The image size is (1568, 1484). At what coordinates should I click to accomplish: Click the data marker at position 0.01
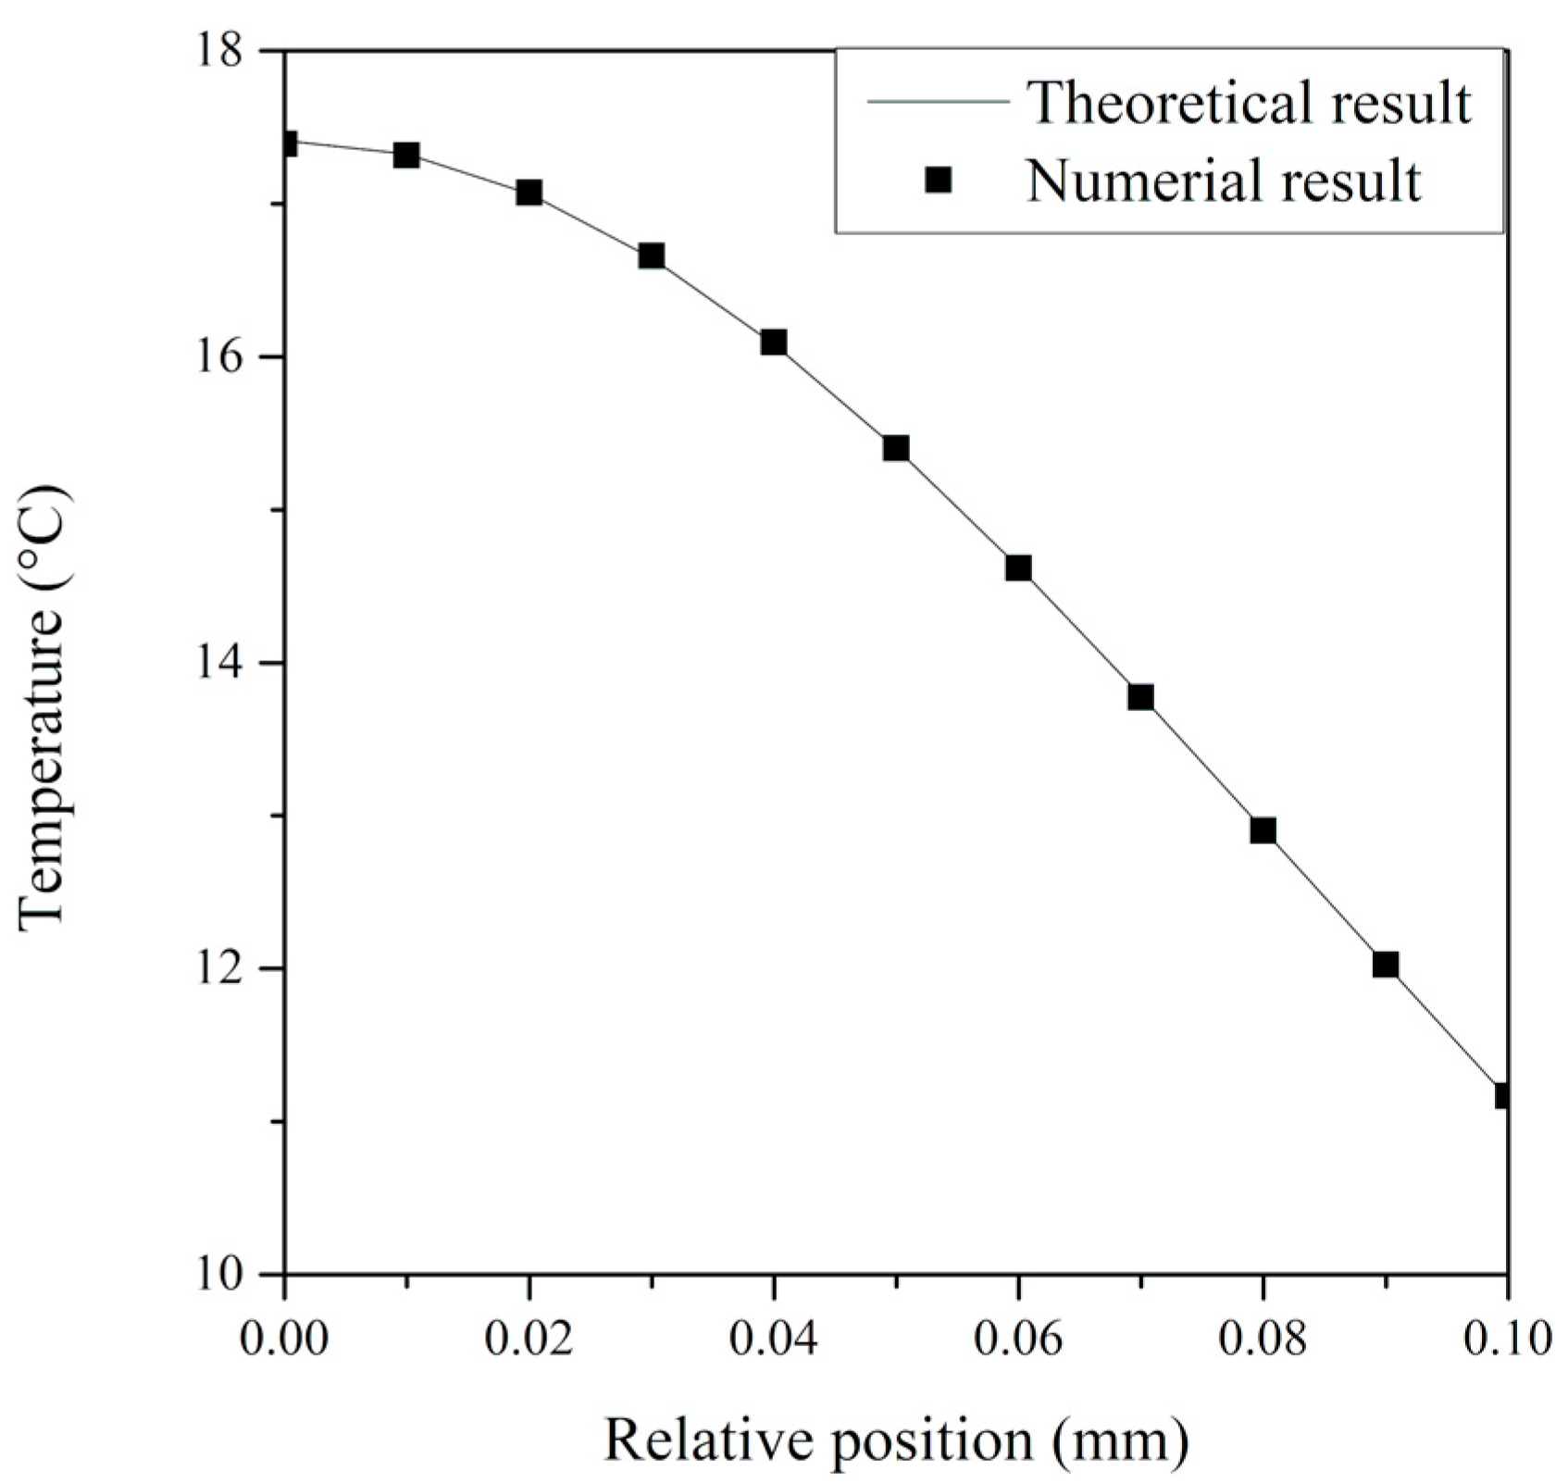click(x=406, y=155)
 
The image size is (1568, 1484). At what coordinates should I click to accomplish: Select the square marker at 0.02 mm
click(x=529, y=193)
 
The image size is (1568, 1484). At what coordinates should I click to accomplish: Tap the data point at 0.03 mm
click(x=651, y=256)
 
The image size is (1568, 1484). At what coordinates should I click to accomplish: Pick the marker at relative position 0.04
click(x=774, y=343)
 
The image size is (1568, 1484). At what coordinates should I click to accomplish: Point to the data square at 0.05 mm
click(x=896, y=449)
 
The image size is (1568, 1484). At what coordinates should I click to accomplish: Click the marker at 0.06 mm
click(x=1018, y=567)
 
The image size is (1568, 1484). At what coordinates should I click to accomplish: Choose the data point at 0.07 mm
click(x=1140, y=697)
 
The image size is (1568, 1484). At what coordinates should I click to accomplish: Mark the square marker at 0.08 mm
click(x=1263, y=829)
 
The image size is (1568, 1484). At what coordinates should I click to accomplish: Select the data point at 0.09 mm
click(x=1385, y=965)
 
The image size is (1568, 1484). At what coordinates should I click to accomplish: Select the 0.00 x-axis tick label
click(x=285, y=1339)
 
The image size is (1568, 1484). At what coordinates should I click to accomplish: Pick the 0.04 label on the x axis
click(x=774, y=1339)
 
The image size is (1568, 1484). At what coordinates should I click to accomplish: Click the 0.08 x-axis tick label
click(x=1263, y=1339)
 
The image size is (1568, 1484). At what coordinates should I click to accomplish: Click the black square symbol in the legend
click(x=939, y=180)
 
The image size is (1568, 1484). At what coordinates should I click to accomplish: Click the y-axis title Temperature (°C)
click(x=44, y=663)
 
